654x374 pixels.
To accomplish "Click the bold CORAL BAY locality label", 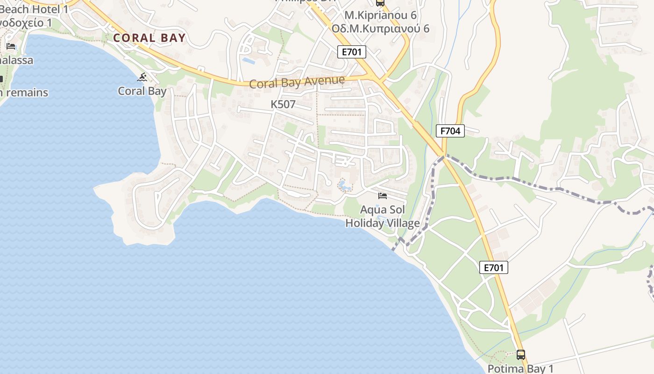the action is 149,38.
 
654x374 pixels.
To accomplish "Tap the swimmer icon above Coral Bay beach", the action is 142,77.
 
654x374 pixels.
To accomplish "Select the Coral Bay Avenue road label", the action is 297,82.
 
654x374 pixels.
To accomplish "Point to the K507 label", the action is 283,104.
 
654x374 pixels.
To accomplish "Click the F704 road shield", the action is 451,131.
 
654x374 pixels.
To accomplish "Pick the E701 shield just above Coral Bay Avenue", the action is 352,52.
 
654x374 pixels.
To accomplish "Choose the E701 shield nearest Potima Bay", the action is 493,268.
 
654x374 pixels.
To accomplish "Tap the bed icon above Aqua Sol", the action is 383,195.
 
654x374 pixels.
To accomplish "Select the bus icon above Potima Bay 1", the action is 520,354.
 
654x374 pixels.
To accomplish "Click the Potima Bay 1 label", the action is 520,368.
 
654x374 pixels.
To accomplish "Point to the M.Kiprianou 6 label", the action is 380,15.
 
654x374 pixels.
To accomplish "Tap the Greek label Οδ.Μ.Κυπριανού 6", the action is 380,28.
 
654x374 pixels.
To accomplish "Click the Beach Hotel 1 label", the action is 34,9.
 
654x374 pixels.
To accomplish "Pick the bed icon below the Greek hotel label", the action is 11,46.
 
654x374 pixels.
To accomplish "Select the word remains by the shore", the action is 27,93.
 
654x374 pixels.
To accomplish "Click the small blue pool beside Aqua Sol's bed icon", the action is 345,186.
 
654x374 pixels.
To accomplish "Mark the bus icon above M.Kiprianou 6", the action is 380,2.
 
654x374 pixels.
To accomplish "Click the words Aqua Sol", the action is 383,210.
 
